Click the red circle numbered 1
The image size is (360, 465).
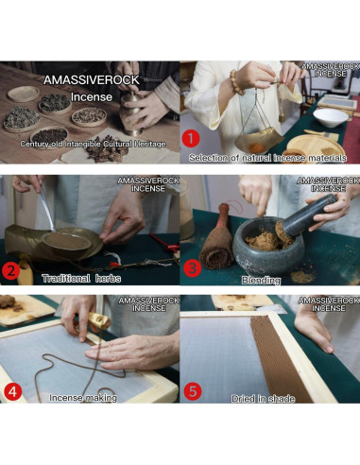point(190,139)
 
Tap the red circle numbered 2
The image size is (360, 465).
point(10,270)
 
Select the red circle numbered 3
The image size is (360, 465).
point(192,268)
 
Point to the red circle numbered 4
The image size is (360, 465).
point(12,392)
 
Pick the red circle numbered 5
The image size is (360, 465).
point(193,391)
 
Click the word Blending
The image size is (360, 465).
point(261,280)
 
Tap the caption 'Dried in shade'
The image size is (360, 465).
point(263,399)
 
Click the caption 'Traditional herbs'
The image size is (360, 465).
point(81,279)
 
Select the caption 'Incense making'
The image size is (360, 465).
point(83,398)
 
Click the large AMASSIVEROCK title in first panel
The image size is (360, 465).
point(92,80)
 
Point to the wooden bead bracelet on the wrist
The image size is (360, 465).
point(237,82)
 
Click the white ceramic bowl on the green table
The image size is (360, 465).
point(331,117)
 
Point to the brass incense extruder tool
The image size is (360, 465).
point(99,320)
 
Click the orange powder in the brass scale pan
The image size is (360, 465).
point(257,147)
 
